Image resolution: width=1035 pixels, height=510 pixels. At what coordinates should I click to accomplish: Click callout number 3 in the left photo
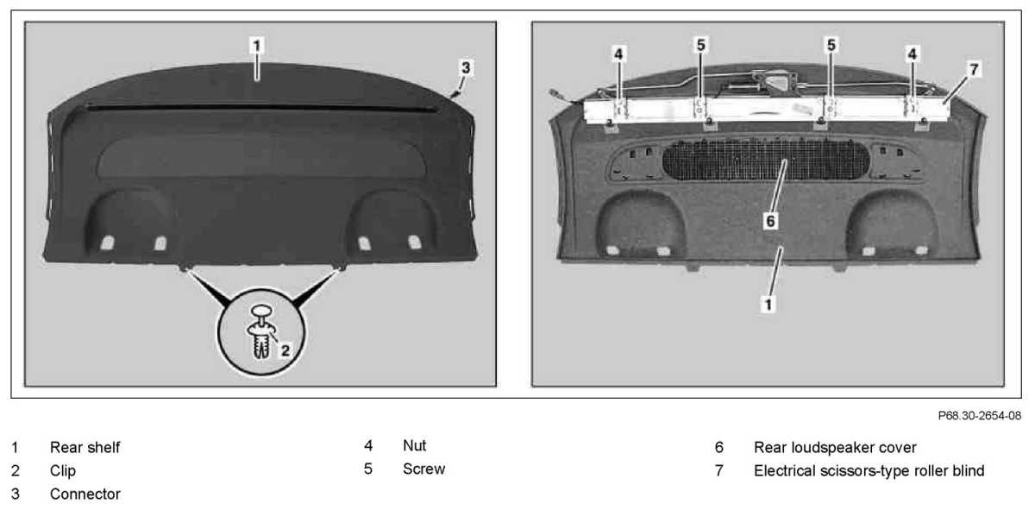coord(466,66)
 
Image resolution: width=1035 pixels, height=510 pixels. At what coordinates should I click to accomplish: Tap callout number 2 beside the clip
coord(285,349)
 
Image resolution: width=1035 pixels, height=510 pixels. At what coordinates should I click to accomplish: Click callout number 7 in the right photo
coord(974,70)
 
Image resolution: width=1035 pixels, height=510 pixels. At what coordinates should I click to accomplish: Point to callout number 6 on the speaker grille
coord(770,221)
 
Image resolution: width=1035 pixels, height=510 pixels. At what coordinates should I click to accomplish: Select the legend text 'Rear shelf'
coord(85,448)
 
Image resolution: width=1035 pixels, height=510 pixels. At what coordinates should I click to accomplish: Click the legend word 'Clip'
coord(63,471)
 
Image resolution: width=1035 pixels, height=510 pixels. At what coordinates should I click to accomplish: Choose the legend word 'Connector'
coord(85,494)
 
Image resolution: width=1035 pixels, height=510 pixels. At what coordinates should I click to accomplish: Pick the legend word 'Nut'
coord(414,446)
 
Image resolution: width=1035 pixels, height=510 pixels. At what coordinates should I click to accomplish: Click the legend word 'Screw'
coord(423,469)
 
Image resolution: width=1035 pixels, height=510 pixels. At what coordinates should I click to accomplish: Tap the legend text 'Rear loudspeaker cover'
coord(834,448)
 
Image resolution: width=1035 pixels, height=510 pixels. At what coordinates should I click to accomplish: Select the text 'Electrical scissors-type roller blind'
coord(869,471)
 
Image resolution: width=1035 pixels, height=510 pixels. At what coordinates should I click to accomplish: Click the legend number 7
coord(718,471)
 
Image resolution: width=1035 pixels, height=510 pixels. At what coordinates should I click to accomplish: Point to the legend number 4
coord(367,446)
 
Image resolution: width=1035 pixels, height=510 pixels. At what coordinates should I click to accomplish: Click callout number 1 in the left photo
coord(257,42)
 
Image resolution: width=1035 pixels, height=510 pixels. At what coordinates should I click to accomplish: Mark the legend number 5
coord(367,469)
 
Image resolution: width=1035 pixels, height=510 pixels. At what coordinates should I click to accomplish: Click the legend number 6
coord(718,448)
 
